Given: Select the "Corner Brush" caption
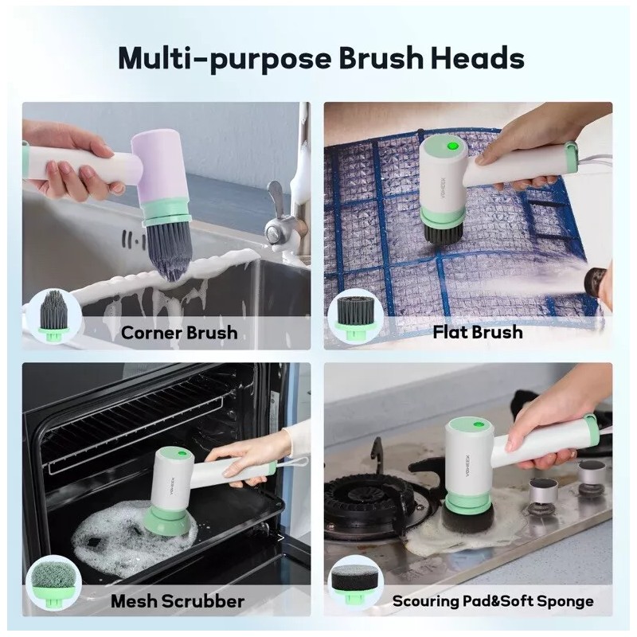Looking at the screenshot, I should [179, 331].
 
